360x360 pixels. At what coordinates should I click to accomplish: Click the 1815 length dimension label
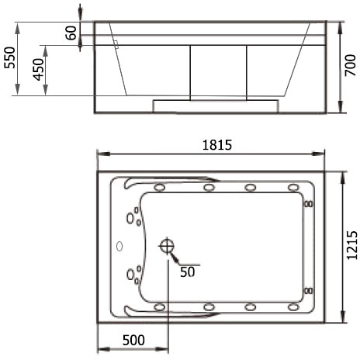217,145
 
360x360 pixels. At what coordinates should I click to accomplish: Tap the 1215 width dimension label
352,245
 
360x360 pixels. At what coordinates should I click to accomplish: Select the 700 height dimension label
351,65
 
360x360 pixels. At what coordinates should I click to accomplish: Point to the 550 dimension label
10,57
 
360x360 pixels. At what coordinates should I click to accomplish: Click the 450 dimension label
39,70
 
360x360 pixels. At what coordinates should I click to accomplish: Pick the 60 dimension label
71,33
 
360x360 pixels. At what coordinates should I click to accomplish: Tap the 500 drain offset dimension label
133,341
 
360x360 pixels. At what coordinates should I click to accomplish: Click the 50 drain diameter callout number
188,272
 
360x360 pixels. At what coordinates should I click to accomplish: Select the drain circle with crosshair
167,246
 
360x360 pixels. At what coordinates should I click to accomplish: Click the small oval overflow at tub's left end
119,247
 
